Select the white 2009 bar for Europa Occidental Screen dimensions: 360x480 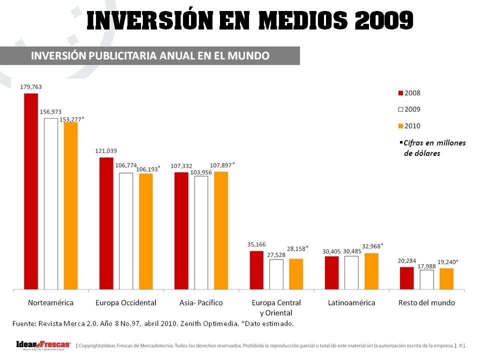(126, 231)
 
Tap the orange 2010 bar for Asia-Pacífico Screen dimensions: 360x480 (221, 230)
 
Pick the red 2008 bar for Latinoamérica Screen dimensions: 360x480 (331, 272)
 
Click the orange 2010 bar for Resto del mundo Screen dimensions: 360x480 (446, 278)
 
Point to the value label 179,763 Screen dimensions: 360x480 (31, 86)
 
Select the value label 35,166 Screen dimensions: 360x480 (256, 244)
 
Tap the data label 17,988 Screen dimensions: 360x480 (426, 266)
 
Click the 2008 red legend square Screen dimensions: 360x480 (400, 93)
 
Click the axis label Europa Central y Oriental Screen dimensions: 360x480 (276, 307)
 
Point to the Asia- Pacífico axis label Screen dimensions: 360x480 (201, 303)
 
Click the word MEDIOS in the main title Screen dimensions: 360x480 (305, 20)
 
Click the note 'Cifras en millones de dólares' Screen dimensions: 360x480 (434, 148)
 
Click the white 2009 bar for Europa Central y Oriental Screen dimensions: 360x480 (276, 274)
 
